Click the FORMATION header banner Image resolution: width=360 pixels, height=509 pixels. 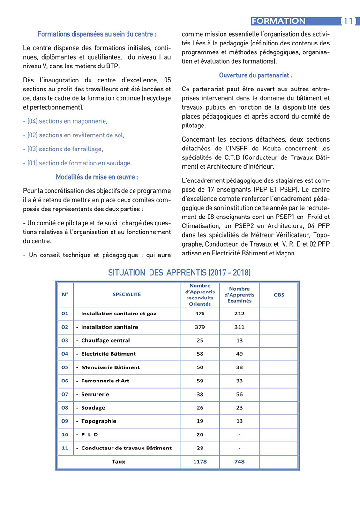tap(278, 21)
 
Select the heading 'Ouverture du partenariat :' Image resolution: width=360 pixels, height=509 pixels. tap(255, 75)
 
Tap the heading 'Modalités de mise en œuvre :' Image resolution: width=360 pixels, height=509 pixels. tap(97, 177)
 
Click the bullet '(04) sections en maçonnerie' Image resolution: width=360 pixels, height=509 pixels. tap(65, 121)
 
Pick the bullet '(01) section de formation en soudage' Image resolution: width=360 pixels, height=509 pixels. tap(77, 163)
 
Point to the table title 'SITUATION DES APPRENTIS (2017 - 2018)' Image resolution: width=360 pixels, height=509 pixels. tap(179, 273)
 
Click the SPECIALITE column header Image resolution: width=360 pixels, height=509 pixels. tap(127, 294)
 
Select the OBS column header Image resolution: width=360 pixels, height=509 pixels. tap(279, 295)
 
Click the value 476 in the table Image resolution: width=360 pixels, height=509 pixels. tap(200, 314)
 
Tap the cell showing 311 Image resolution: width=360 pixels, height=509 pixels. tap(239, 327)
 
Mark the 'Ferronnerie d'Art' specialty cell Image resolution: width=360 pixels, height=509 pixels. tap(105, 381)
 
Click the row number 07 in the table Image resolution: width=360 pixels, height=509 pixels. tap(65, 395)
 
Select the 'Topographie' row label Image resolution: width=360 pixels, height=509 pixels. tap(98, 421)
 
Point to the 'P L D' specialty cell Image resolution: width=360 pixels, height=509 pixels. tap(90, 434)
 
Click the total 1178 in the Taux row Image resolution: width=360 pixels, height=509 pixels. tap(200, 462)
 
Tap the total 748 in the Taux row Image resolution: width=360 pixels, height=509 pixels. tap(239, 462)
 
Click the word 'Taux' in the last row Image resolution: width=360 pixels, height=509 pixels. tap(118, 462)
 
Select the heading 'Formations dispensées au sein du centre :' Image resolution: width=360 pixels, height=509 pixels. tap(97, 34)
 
